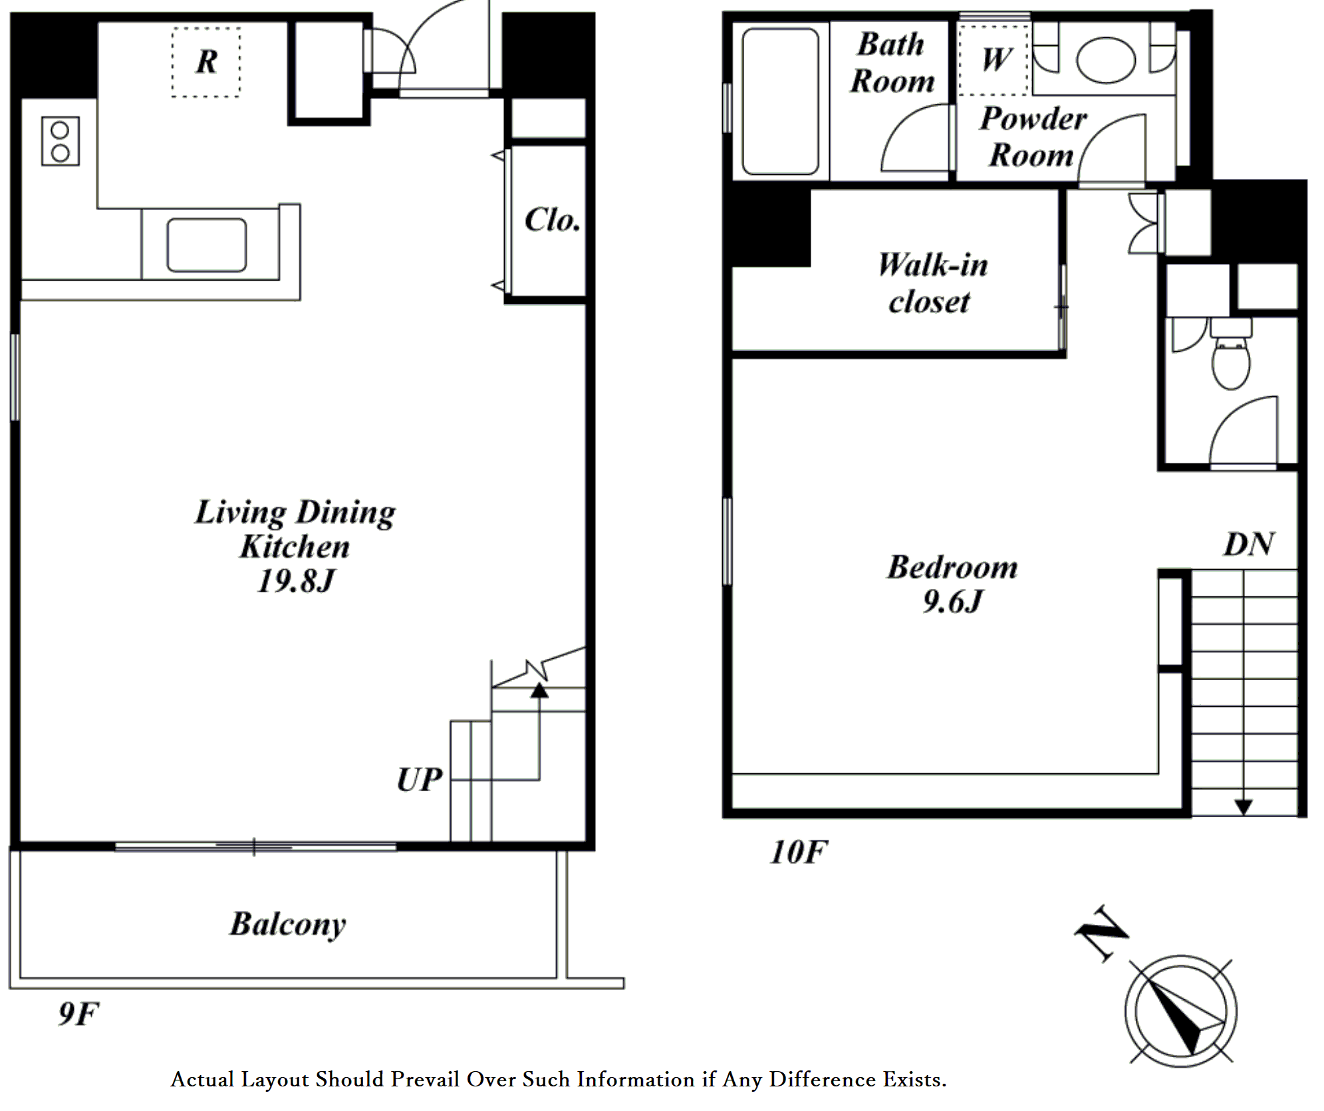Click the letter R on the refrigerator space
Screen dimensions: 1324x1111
[207, 62]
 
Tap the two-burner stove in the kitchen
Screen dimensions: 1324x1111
[61, 141]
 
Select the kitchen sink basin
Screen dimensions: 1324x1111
[206, 245]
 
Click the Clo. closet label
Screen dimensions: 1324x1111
[552, 220]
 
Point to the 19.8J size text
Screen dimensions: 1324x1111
[295, 581]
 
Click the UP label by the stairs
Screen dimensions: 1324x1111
[419, 780]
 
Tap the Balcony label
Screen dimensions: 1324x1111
[288, 924]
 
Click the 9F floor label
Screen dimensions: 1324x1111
[78, 1014]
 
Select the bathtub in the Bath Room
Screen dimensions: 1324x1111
[780, 102]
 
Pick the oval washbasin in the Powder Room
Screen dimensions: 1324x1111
[1106, 60]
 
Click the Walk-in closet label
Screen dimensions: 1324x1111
[932, 283]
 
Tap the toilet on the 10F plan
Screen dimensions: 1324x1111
[1231, 354]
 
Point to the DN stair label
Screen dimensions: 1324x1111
[1248, 545]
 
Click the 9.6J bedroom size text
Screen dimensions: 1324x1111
[952, 602]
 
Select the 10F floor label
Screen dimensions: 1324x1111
[798, 852]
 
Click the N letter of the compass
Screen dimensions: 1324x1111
[1101, 933]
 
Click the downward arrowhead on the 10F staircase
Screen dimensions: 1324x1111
[1244, 807]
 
